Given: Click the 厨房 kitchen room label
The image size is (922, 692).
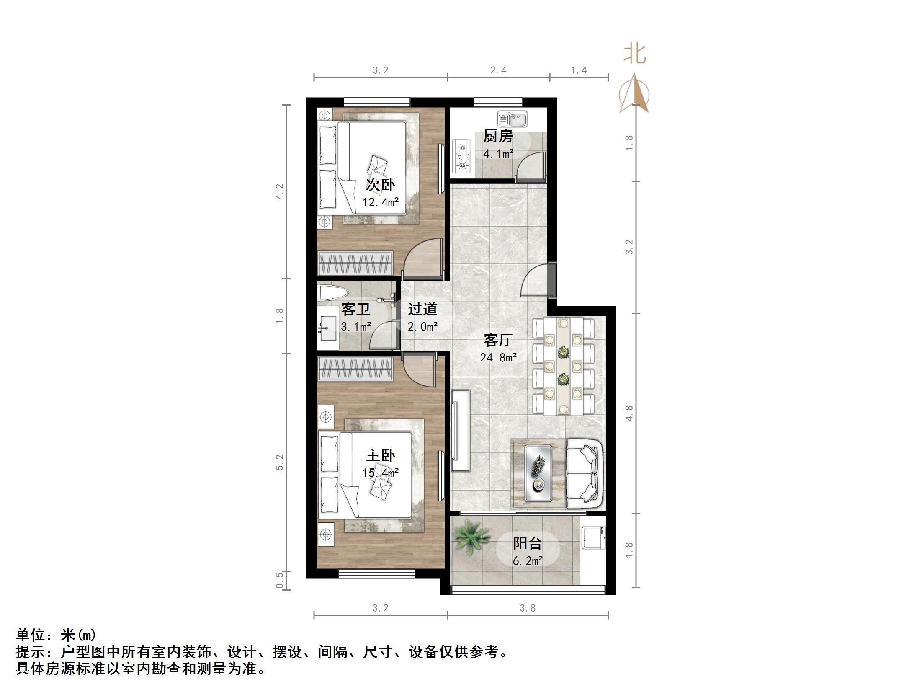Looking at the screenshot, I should (x=498, y=136).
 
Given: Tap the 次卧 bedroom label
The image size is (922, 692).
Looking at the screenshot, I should (x=380, y=184).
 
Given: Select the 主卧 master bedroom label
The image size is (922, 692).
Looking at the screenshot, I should (x=380, y=455).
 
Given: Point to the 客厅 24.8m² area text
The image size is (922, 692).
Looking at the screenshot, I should (x=498, y=357).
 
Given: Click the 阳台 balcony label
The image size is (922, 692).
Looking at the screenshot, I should (x=528, y=543).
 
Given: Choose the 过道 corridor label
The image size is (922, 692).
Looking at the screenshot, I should (x=422, y=309).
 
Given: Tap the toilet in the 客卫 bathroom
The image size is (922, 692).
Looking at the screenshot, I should (x=332, y=292).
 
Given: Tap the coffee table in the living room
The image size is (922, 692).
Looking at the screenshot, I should (x=538, y=473).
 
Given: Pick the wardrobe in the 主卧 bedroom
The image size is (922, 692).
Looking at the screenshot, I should (x=355, y=369).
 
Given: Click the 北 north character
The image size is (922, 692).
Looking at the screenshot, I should (x=635, y=54).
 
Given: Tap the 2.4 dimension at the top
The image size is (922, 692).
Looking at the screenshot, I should (x=498, y=70).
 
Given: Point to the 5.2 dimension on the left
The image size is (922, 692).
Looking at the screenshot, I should (x=280, y=462).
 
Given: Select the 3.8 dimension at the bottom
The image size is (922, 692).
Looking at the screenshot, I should (x=528, y=608).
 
